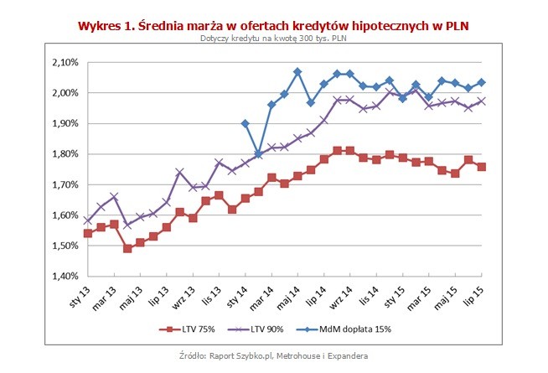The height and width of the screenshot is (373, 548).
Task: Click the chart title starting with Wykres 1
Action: pos(274,25)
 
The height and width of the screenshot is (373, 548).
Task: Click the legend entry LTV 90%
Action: pos(282,329)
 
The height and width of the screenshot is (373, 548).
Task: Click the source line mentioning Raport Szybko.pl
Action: pos(274,356)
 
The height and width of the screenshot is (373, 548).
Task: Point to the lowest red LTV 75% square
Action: pos(127,248)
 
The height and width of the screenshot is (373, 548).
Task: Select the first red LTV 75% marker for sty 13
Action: pos(88,233)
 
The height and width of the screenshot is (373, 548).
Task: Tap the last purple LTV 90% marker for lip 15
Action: pos(482,101)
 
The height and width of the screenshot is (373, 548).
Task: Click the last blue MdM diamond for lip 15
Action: pos(482,82)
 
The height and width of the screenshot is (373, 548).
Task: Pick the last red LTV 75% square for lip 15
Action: pos(482,167)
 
